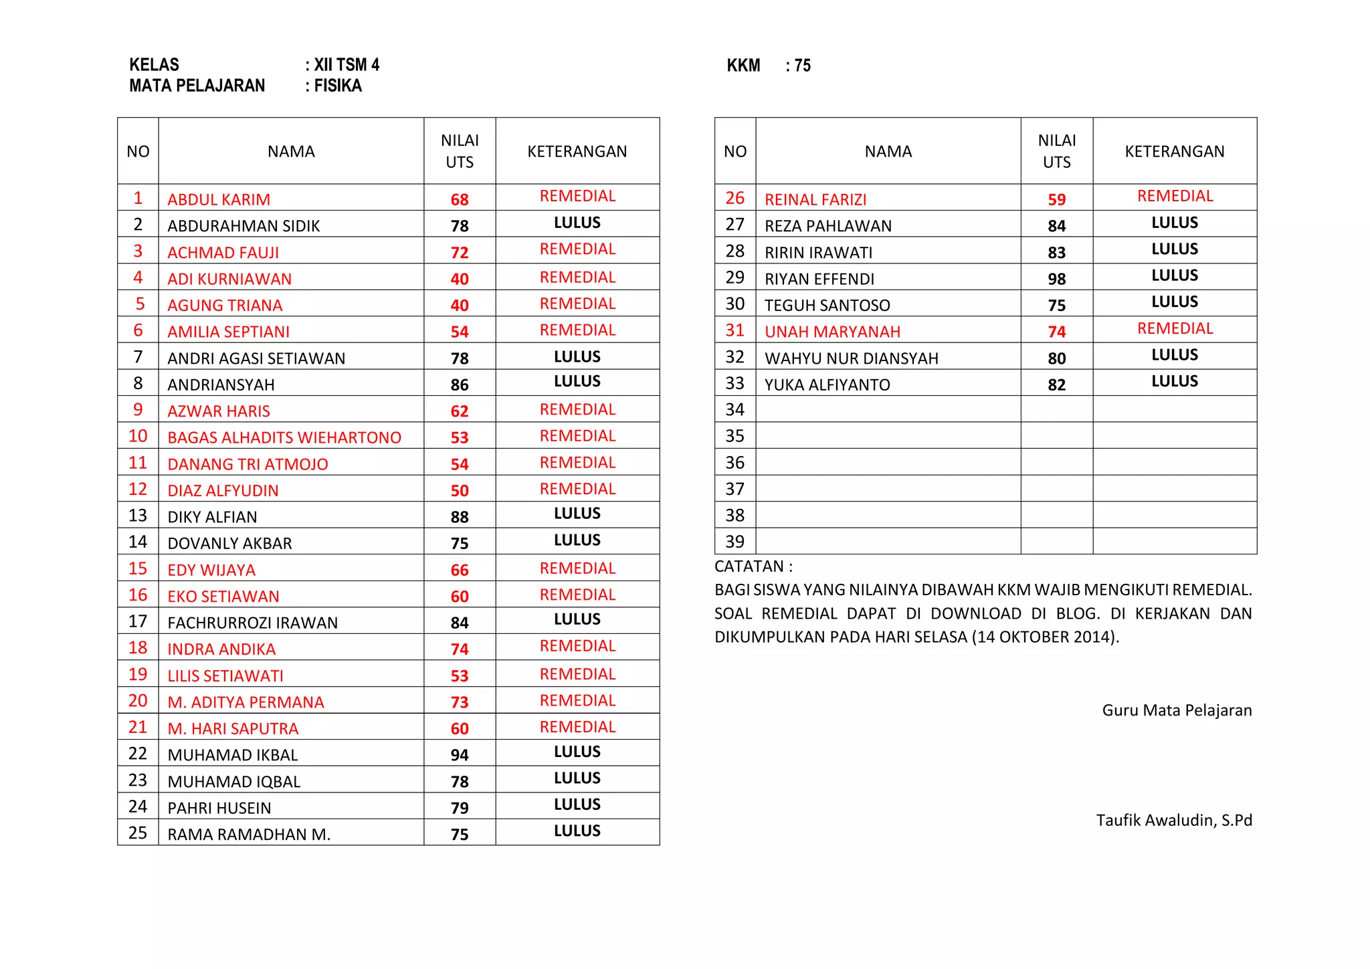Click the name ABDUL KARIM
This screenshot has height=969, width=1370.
[x=219, y=199]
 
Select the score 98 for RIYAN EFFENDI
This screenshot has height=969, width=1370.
[x=1056, y=279]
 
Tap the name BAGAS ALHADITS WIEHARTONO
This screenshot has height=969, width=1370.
[x=284, y=437]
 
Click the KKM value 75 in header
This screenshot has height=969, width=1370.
[x=802, y=66]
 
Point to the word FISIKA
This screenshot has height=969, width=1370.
[x=338, y=86]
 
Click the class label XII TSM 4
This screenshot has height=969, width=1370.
[x=347, y=65]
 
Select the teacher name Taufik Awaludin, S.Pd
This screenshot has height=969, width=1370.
[x=1173, y=820]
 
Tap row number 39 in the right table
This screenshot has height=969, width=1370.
[x=735, y=542]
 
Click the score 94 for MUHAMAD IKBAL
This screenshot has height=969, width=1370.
[x=460, y=755]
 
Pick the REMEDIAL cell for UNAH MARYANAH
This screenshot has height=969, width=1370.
[x=1175, y=328]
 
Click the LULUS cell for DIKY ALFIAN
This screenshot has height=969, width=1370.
[x=577, y=514]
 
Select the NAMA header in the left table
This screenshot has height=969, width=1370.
[x=291, y=152]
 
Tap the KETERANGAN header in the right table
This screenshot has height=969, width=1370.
[x=1175, y=152]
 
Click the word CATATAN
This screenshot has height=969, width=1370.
[x=749, y=566]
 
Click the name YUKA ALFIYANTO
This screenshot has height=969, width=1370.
[x=827, y=385]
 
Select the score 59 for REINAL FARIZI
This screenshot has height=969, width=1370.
[x=1056, y=199]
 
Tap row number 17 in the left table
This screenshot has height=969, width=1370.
[x=138, y=622]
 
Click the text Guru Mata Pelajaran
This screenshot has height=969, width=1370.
[x=1177, y=710]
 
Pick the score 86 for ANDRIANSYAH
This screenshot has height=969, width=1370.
[x=460, y=385]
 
